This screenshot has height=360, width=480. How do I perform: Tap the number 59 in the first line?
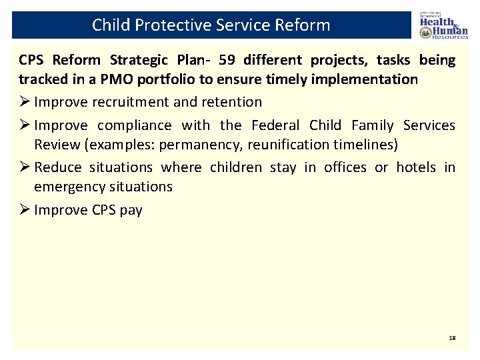[x=227, y=60]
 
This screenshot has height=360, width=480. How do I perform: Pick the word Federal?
[x=276, y=125]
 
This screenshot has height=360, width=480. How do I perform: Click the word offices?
[x=345, y=167]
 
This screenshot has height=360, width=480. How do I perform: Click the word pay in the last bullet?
[x=131, y=210]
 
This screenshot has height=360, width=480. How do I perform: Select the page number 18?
[x=452, y=339]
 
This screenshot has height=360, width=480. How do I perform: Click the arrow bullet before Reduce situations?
[x=25, y=167]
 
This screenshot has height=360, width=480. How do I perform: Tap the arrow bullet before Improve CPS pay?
[x=25, y=210]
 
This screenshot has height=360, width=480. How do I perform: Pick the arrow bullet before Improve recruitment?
[x=25, y=102]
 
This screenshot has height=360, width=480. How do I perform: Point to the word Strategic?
[x=126, y=60]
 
